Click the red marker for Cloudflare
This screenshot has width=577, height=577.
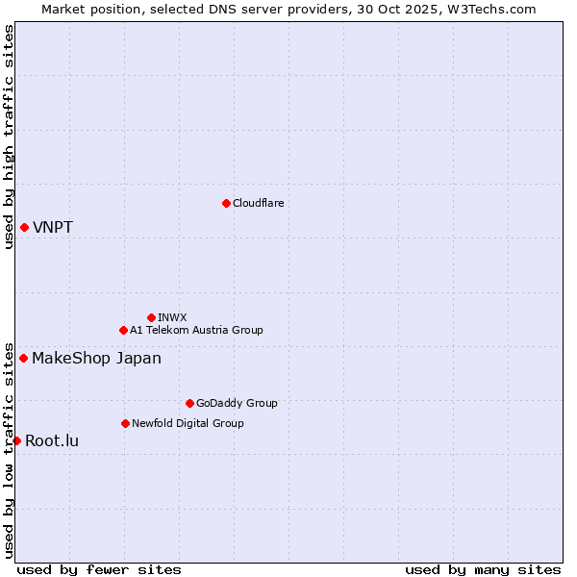[226, 203]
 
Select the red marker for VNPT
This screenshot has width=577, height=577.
[24, 227]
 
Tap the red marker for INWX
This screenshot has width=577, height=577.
[151, 317]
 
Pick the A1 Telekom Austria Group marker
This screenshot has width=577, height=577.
[123, 330]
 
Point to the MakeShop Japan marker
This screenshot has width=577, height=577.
[23, 358]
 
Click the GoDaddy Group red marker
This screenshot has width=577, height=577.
[189, 403]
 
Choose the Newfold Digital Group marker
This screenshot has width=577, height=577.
[125, 423]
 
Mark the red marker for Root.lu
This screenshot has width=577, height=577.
[16, 440]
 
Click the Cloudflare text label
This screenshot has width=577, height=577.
[258, 203]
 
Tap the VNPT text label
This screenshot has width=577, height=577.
[53, 228]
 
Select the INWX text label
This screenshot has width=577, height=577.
[172, 317]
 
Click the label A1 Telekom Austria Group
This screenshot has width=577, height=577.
[196, 330]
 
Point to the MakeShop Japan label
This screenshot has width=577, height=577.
[96, 359]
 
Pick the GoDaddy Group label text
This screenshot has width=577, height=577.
[237, 403]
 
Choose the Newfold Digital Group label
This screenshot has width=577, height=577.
[188, 423]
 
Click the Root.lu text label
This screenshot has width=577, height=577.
[52, 441]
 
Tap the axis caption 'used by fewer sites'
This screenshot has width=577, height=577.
[99, 570]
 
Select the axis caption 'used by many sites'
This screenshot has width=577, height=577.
[483, 570]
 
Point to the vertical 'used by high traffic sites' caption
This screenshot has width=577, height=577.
[9, 137]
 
